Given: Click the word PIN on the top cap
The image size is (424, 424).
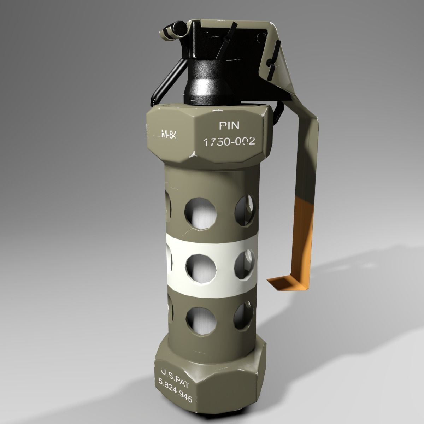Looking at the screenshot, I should coord(229,125).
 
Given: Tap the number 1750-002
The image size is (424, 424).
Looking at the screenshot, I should coord(229,142).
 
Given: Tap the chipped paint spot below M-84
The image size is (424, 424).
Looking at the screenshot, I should coord(193,154).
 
